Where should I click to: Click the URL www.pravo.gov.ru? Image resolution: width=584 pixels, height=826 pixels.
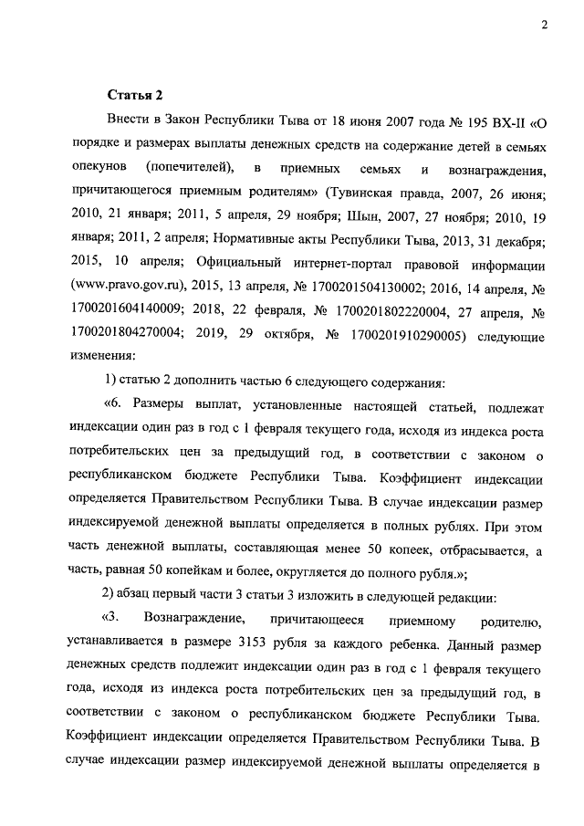(128, 288)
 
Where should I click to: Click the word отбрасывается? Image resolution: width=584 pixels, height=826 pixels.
(480, 549)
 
